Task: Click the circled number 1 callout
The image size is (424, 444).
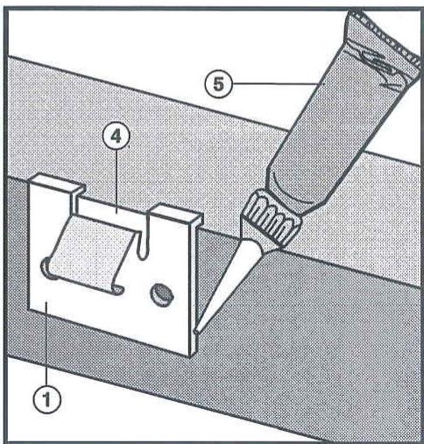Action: click(x=46, y=398)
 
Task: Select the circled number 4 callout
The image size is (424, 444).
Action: click(x=117, y=137)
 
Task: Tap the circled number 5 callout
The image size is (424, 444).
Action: click(x=219, y=84)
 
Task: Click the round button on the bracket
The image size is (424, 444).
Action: click(x=162, y=295)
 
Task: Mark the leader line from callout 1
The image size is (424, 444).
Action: click(x=46, y=343)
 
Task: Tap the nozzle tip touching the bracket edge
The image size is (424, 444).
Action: click(x=197, y=331)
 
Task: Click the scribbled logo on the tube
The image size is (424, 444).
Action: click(x=379, y=68)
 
